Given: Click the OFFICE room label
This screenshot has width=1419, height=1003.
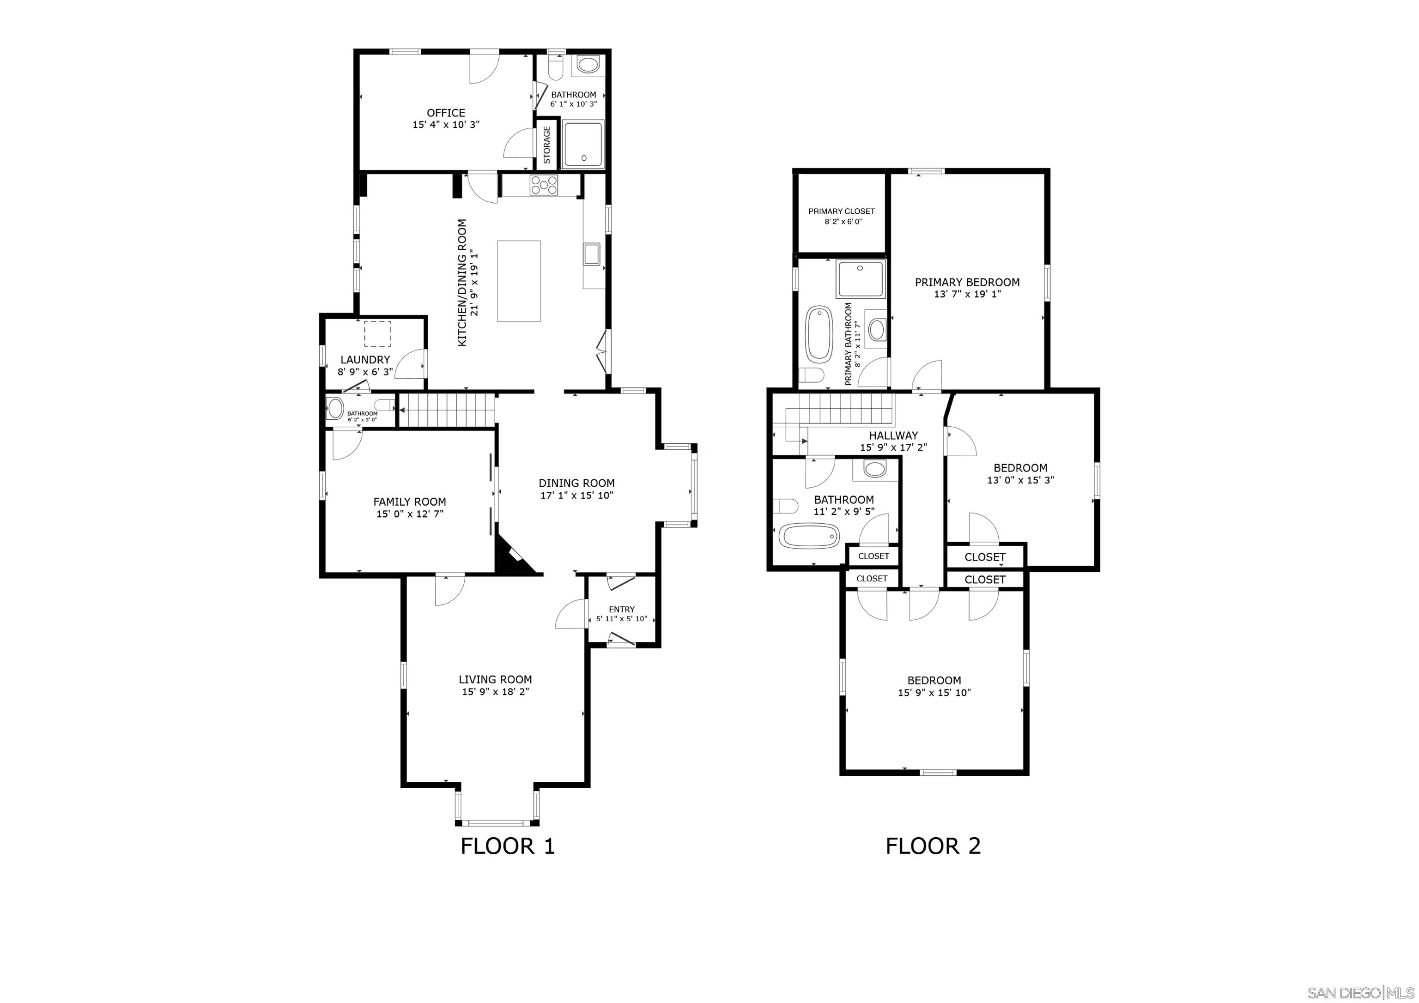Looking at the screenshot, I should (x=446, y=113).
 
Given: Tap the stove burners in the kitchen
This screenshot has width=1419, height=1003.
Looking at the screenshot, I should (x=544, y=185).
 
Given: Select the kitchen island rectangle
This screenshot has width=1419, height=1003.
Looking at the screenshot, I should (x=519, y=281).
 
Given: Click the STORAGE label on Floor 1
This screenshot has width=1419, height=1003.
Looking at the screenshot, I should (x=547, y=145).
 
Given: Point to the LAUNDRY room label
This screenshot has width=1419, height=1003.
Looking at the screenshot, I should (x=365, y=360).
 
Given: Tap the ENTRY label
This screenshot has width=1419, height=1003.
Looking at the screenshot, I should (x=622, y=610).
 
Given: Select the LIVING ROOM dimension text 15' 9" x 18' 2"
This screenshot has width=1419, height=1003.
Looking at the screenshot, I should (x=496, y=692).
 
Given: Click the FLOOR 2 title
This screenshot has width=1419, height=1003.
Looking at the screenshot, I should (x=933, y=846).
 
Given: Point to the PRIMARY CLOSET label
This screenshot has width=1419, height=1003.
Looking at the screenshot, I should (x=842, y=211).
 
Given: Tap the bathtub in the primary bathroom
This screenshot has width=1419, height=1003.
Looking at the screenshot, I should (x=819, y=334).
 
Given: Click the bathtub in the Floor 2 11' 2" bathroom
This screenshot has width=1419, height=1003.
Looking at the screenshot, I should (x=809, y=535).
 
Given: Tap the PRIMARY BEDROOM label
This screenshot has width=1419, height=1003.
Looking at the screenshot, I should (x=967, y=283).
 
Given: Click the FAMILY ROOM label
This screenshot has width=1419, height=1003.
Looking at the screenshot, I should (x=409, y=502).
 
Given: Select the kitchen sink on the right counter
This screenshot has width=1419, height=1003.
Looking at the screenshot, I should (x=591, y=254).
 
